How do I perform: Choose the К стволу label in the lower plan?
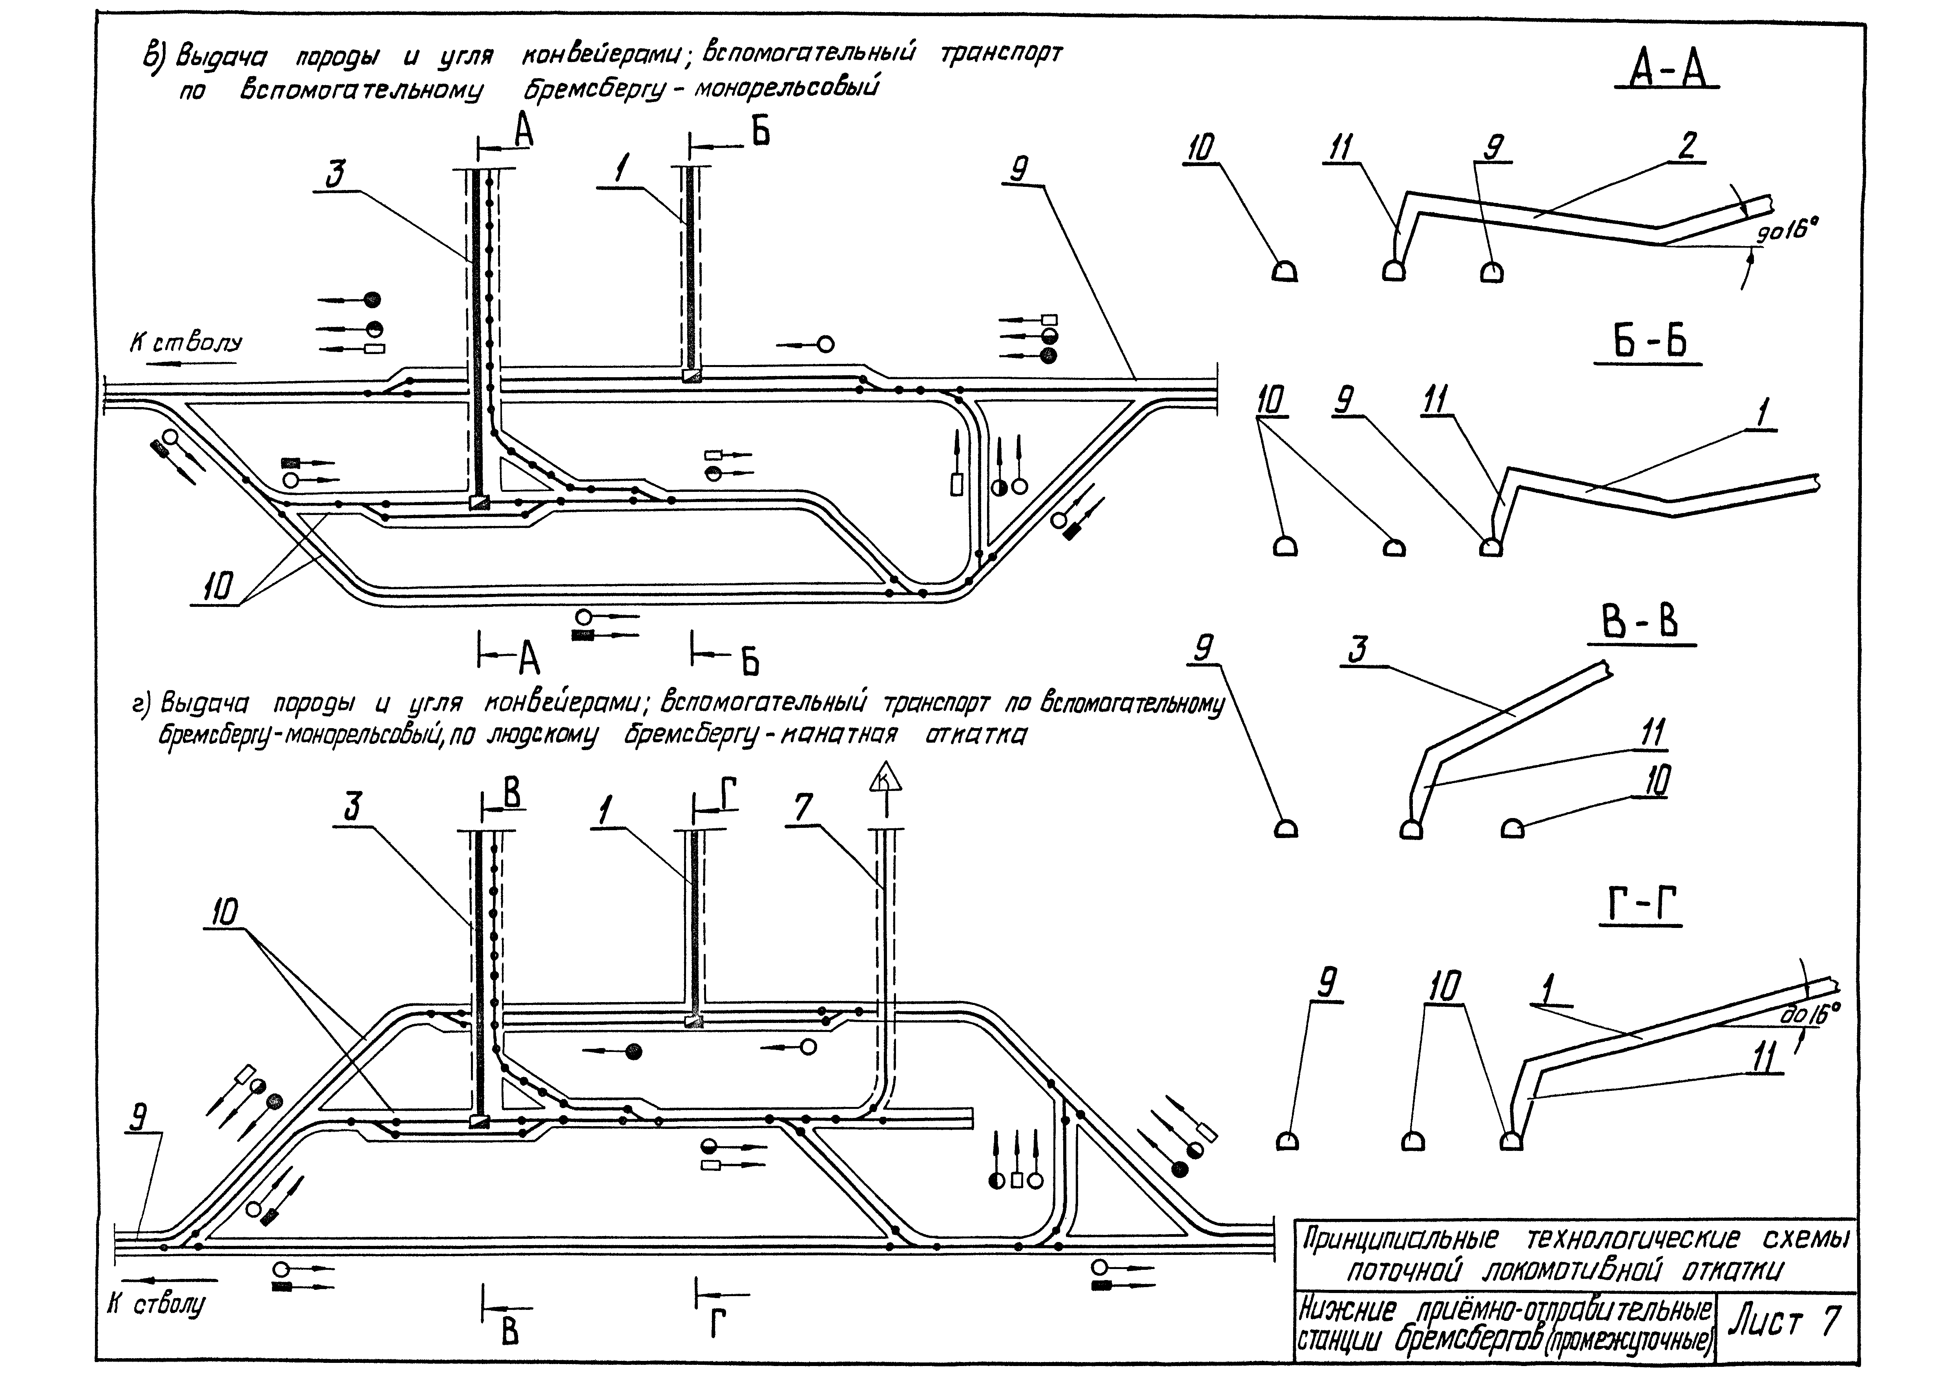click(x=157, y=1304)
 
